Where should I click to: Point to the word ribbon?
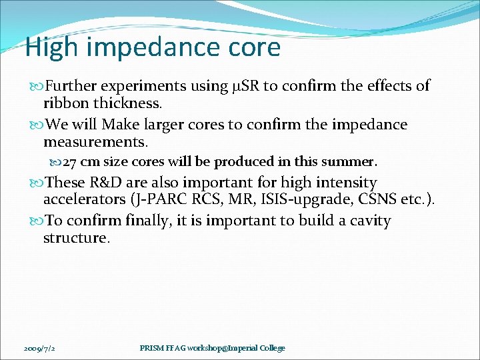tap(65, 103)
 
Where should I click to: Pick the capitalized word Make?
tap(118, 125)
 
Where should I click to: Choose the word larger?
tap(162, 125)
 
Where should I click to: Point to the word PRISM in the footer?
tap(153, 348)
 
